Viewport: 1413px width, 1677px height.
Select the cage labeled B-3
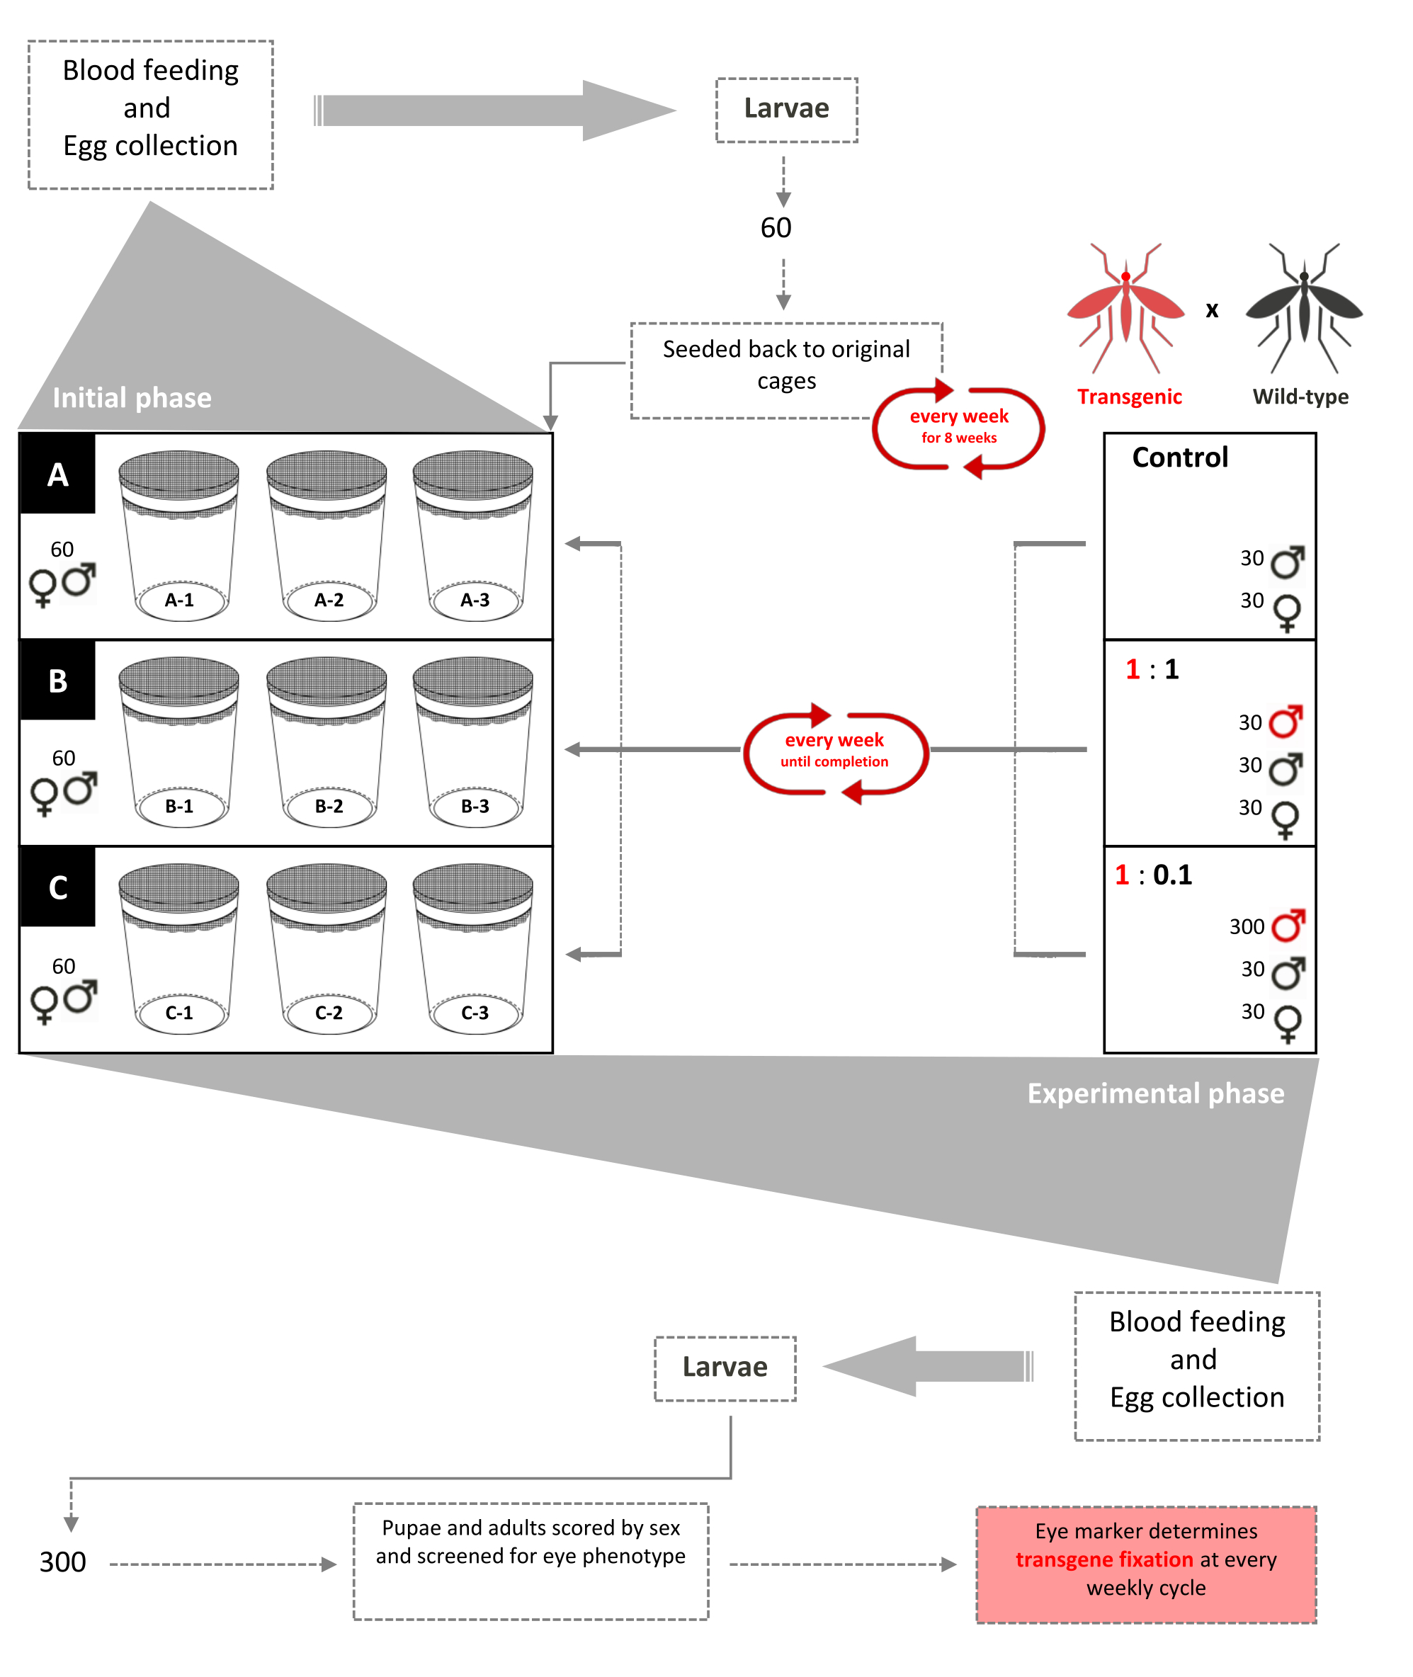(x=472, y=741)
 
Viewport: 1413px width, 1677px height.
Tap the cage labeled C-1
(x=178, y=948)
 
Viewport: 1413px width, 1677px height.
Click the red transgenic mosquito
(x=1125, y=307)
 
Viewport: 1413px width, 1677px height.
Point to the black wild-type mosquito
(x=1303, y=307)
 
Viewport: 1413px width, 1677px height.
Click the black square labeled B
(x=57, y=681)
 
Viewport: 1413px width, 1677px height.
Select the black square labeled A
(x=57, y=474)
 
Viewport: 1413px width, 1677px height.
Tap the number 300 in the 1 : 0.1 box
(x=1247, y=926)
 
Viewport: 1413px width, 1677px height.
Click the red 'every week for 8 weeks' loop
(x=958, y=428)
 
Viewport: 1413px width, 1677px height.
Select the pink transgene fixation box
(x=1145, y=1564)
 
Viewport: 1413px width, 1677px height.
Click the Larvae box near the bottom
(x=725, y=1367)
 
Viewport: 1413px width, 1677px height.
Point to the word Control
(x=1179, y=457)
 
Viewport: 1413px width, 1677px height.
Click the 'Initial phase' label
(x=132, y=398)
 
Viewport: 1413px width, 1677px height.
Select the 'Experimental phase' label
(x=1155, y=1093)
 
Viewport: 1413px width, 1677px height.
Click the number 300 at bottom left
(x=62, y=1562)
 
